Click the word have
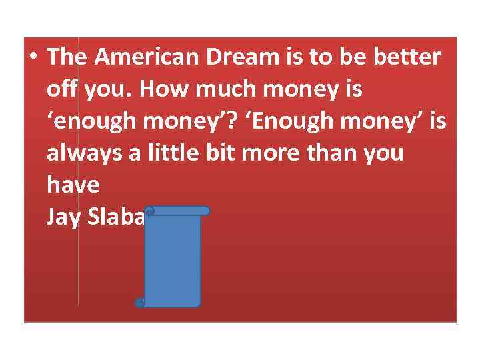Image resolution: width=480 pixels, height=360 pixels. pyautogui.click(x=73, y=185)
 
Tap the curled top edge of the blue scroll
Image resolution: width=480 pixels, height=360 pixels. pyautogui.click(x=177, y=211)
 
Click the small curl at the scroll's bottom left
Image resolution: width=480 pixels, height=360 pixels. pyautogui.click(x=139, y=303)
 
